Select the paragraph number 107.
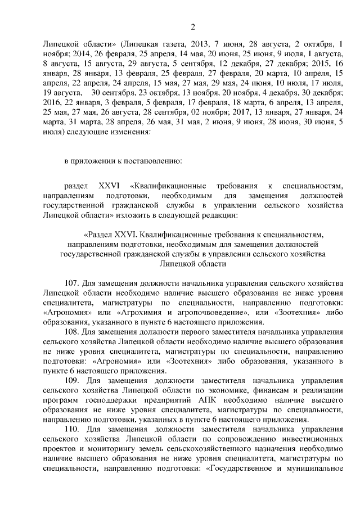coord(74,285)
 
